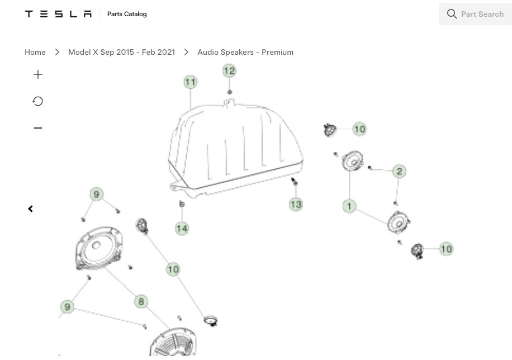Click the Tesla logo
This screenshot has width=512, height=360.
click(58, 14)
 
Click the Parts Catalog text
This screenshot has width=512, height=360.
click(127, 14)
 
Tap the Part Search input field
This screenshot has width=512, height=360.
click(476, 14)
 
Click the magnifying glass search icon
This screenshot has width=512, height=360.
click(452, 14)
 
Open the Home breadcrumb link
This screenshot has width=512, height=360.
click(35, 53)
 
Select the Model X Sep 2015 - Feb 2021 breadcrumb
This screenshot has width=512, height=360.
click(121, 53)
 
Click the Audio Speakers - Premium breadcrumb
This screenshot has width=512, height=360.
click(245, 53)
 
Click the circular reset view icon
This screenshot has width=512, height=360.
click(38, 101)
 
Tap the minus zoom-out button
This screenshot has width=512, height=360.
click(38, 127)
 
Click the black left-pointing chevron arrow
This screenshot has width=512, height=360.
click(30, 209)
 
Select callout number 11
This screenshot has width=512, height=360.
click(191, 82)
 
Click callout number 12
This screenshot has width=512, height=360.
click(229, 70)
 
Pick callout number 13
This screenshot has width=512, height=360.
click(296, 205)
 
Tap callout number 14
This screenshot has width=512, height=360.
click(182, 228)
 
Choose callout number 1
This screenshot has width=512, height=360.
click(349, 206)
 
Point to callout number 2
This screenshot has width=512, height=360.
click(399, 171)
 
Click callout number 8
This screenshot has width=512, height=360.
click(141, 301)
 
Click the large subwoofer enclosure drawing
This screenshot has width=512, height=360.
click(235, 149)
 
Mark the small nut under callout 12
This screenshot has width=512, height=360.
click(230, 92)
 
